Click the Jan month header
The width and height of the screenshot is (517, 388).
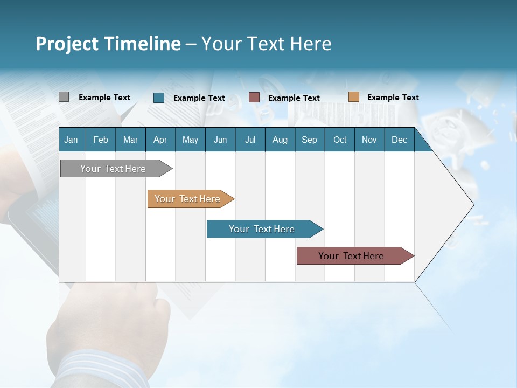pyautogui.click(x=71, y=140)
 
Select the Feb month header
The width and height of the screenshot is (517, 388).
pyautogui.click(x=101, y=140)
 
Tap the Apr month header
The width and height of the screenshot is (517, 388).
pyautogui.click(x=160, y=140)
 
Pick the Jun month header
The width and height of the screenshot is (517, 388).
pyautogui.click(x=220, y=140)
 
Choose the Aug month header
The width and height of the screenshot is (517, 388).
pyautogui.click(x=280, y=140)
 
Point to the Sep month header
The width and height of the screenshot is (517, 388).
pyautogui.click(x=309, y=140)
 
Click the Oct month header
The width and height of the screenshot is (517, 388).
pyautogui.click(x=340, y=140)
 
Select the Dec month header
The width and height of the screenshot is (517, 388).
pyautogui.click(x=400, y=140)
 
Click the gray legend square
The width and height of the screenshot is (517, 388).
pyautogui.click(x=64, y=97)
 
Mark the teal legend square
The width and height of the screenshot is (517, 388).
pyautogui.click(x=159, y=98)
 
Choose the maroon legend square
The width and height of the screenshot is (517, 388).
pyautogui.click(x=254, y=98)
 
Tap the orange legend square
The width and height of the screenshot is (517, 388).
pyautogui.click(x=353, y=97)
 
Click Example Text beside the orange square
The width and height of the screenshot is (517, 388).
pyautogui.click(x=393, y=98)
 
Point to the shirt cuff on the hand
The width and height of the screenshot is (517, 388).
pyautogui.click(x=102, y=369)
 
